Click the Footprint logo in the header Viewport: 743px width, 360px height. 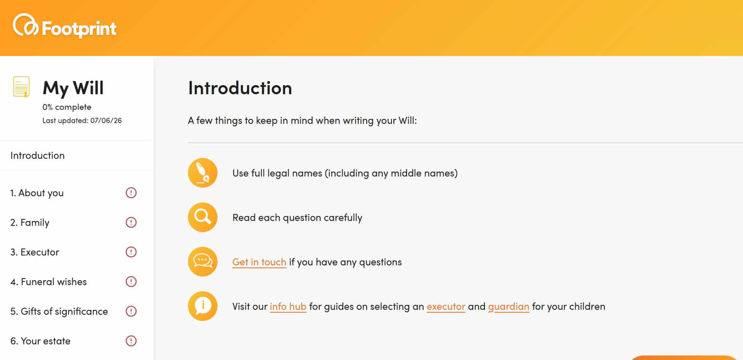[65, 26]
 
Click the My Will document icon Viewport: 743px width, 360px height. [21, 86]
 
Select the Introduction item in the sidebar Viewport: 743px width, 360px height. [37, 156]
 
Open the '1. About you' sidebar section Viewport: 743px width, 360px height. [37, 193]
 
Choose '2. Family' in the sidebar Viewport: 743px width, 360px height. [30, 223]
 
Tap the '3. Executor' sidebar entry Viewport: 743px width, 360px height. [35, 252]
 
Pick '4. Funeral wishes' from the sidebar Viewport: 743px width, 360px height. [49, 282]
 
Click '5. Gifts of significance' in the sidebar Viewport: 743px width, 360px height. [59, 311]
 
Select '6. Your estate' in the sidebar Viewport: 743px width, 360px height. [40, 341]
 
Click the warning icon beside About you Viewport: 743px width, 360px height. [131, 193]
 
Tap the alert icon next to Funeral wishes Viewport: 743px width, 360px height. [131, 281]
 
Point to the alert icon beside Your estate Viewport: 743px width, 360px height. [131, 341]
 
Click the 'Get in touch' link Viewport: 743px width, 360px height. [259, 262]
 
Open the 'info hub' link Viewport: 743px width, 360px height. [288, 307]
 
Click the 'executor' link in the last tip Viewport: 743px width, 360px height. [446, 307]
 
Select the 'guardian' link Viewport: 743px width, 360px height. [509, 307]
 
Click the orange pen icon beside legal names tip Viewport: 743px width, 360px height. [203, 173]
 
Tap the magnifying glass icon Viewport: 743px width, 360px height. [203, 217]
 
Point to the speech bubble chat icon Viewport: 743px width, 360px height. [203, 262]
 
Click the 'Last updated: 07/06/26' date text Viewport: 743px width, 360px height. [82, 121]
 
